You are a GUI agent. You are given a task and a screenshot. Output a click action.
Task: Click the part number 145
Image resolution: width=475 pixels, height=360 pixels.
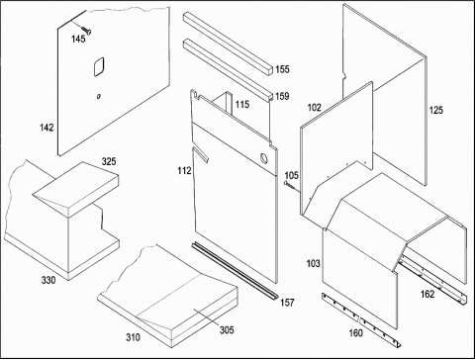click(78, 39)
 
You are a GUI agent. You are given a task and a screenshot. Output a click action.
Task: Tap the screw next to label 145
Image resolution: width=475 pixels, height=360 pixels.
click(85, 29)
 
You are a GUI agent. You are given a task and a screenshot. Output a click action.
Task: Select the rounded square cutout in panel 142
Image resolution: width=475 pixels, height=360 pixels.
click(99, 67)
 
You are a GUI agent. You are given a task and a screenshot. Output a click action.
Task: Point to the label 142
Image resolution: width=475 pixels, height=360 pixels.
click(47, 128)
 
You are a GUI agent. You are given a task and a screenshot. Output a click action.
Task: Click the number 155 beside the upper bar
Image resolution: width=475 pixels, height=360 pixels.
click(282, 69)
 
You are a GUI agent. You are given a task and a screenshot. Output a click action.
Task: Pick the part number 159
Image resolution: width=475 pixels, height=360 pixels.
click(282, 96)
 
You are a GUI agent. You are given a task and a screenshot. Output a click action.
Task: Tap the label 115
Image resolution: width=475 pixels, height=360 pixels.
click(242, 105)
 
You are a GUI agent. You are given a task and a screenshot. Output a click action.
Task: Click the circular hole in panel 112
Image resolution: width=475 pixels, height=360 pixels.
click(264, 158)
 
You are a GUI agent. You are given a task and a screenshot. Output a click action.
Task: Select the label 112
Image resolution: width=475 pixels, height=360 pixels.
click(184, 170)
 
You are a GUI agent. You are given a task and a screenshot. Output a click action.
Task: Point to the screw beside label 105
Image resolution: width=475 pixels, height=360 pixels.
click(290, 185)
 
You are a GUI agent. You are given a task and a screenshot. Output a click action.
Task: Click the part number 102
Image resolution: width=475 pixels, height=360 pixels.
click(314, 108)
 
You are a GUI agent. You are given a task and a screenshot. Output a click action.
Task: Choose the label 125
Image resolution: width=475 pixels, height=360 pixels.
click(436, 110)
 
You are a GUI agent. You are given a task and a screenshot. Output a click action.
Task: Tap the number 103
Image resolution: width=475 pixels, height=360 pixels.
click(313, 263)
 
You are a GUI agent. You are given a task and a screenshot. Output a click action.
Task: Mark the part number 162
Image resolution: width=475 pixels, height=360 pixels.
click(427, 294)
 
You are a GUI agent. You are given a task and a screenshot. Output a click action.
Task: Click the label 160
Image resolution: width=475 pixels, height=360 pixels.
click(356, 333)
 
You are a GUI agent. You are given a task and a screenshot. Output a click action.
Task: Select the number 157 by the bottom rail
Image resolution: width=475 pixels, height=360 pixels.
click(287, 303)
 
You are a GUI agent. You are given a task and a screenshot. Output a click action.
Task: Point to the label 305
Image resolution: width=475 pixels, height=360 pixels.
click(227, 329)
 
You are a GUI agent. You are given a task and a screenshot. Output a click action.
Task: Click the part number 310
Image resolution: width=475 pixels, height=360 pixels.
click(133, 337)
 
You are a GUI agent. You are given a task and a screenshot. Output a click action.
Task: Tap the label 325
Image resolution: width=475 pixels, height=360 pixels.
click(109, 161)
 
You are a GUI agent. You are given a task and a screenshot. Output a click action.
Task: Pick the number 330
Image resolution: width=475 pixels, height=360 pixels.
click(48, 280)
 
